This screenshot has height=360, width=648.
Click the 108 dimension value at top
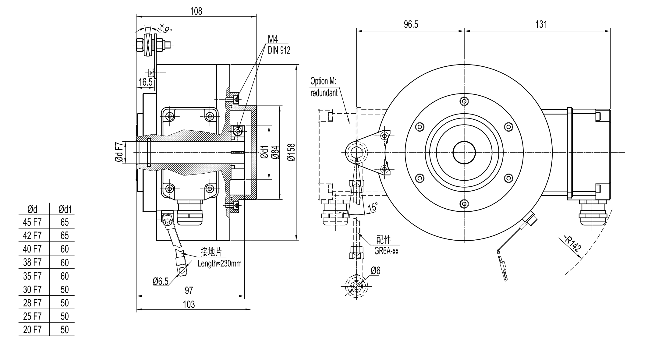point(196,11)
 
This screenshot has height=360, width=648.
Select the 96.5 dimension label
point(411,24)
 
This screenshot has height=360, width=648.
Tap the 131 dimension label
point(541,24)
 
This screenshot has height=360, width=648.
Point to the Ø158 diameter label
point(292,152)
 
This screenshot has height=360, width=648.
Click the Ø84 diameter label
point(275,152)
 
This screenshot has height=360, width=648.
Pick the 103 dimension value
point(189,304)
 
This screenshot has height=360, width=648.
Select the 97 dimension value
point(189,290)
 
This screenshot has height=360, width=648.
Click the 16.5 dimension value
point(145,82)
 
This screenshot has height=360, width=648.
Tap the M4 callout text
point(273,39)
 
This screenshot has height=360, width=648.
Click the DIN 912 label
point(279,50)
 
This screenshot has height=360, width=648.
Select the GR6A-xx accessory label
point(386,251)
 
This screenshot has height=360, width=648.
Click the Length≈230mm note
point(219,263)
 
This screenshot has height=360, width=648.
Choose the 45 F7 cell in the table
point(32,222)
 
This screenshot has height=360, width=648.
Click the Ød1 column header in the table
point(65,209)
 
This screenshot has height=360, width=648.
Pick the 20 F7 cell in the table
point(32,330)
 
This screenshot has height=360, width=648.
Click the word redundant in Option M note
point(324,93)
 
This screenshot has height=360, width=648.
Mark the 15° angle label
point(373,207)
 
